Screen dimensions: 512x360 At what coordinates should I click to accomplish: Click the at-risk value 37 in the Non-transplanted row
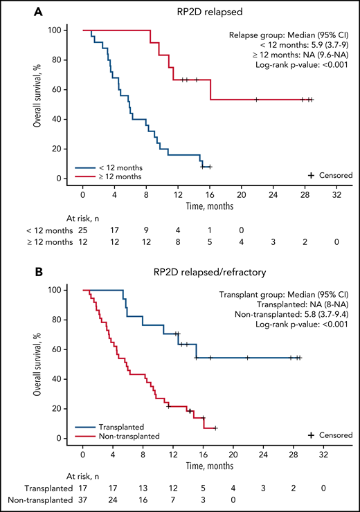coord(82,500)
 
